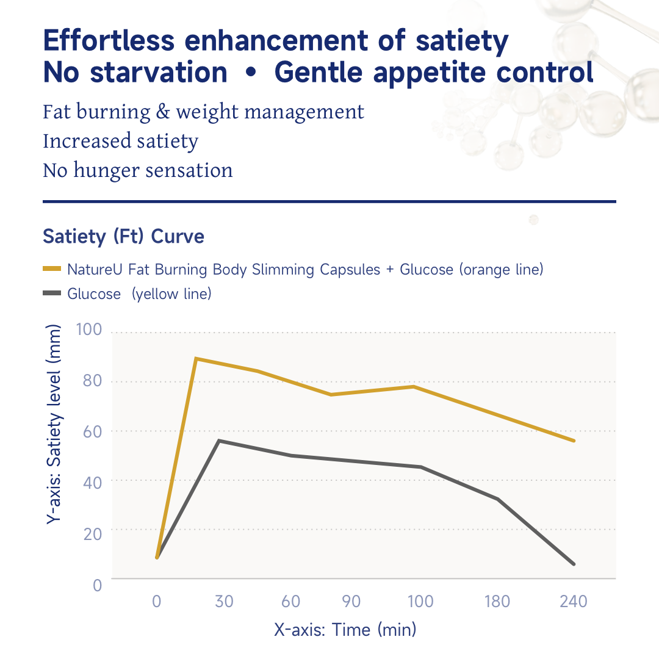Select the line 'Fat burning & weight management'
(x=203, y=112)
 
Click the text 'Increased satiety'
(x=120, y=141)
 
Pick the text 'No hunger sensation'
(x=137, y=170)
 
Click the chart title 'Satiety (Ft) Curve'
(x=123, y=236)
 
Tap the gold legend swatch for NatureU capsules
(x=52, y=269)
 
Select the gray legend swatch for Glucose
(x=52, y=294)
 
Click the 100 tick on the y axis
(x=89, y=330)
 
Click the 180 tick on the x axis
(x=497, y=602)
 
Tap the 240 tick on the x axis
(x=574, y=602)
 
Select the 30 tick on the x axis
(x=225, y=602)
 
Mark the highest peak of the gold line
(x=196, y=359)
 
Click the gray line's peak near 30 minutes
(x=219, y=441)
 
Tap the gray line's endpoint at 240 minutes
(x=574, y=564)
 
